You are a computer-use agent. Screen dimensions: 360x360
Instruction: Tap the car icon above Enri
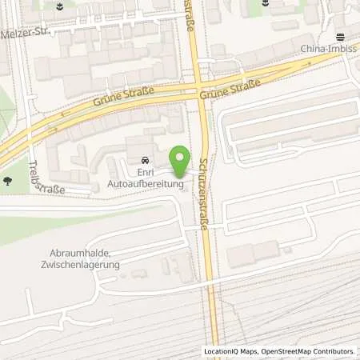pos(144,158)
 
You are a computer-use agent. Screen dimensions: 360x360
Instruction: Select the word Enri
pos(144,172)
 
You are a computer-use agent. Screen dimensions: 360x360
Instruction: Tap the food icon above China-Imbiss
pos(338,36)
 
